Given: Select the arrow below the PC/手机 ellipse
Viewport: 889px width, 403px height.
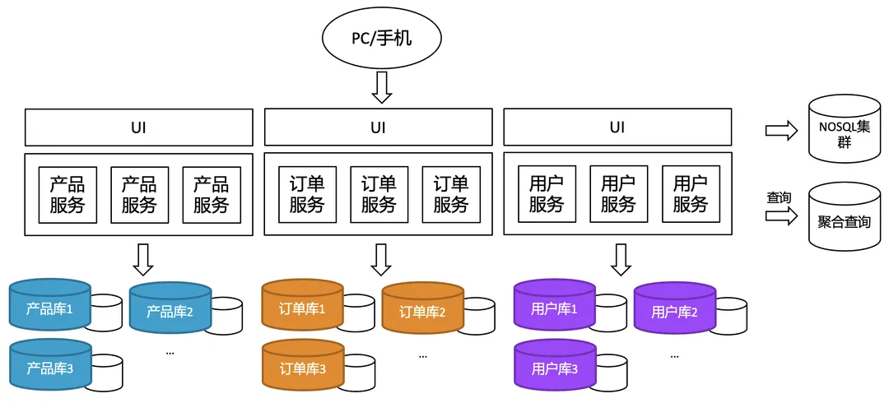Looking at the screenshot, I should pyautogui.click(x=382, y=87).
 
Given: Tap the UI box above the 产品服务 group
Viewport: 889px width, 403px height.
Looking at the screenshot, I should pyautogui.click(x=138, y=127).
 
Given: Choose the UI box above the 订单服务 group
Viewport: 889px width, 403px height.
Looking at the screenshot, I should pyautogui.click(x=378, y=127).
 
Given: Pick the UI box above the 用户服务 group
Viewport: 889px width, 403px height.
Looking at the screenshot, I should pyautogui.click(x=617, y=127).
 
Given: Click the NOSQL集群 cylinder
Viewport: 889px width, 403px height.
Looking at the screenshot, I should pyautogui.click(x=845, y=129).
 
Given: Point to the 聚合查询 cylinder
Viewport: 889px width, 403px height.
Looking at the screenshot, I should pyautogui.click(x=845, y=218).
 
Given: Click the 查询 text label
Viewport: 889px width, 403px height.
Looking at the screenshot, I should pyautogui.click(x=779, y=197).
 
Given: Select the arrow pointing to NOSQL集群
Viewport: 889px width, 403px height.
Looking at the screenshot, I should pyautogui.click(x=781, y=130).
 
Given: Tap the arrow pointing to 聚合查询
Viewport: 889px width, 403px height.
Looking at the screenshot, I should pyautogui.click(x=781, y=215).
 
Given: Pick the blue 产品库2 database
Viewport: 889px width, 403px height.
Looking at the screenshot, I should pyautogui.click(x=170, y=311).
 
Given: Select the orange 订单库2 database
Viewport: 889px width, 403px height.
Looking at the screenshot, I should pyautogui.click(x=422, y=311).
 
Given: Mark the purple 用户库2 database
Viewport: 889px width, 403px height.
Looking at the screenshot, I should pyautogui.click(x=674, y=311).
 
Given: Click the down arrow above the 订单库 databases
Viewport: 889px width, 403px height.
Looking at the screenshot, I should pyautogui.click(x=380, y=258).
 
